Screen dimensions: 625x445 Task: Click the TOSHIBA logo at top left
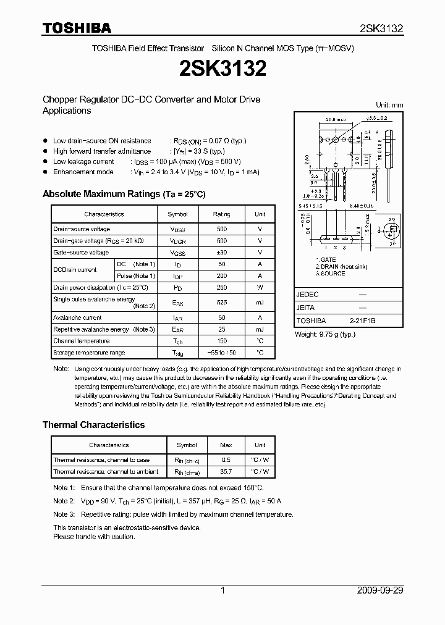click(x=77, y=28)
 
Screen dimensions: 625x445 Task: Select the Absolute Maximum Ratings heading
click(x=124, y=194)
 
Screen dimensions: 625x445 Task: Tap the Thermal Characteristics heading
click(x=93, y=425)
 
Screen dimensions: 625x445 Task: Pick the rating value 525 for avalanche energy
click(x=222, y=303)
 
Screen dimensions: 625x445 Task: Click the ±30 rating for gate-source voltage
click(x=222, y=253)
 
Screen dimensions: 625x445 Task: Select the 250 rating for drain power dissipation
click(x=222, y=288)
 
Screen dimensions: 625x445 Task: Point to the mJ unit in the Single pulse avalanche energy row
click(x=260, y=303)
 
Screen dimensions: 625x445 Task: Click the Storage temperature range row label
click(x=89, y=353)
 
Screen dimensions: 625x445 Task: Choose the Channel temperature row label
click(x=81, y=341)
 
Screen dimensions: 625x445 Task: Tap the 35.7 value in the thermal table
click(x=226, y=471)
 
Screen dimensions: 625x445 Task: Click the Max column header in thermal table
click(x=226, y=445)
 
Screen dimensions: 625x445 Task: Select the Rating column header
click(x=222, y=214)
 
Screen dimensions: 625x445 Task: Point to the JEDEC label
click(x=308, y=295)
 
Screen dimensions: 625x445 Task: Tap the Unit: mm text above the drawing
click(x=389, y=105)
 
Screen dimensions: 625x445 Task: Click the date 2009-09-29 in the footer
click(x=380, y=590)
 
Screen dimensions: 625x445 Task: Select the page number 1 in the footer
click(x=222, y=590)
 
